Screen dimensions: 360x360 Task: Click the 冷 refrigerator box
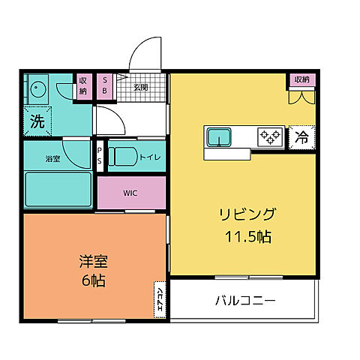301,137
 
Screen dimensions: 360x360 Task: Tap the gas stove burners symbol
269,137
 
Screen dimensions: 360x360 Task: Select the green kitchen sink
219,137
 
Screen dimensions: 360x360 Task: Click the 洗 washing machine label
37,120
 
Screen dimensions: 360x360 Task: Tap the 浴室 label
52,159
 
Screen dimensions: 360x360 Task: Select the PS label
100,159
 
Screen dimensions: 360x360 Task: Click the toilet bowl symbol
121,157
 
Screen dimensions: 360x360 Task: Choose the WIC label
130,193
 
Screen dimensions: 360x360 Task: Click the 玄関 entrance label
141,87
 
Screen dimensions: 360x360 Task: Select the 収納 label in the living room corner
301,79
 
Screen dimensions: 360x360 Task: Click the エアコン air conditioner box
160,298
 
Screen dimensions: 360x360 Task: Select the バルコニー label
245,301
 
